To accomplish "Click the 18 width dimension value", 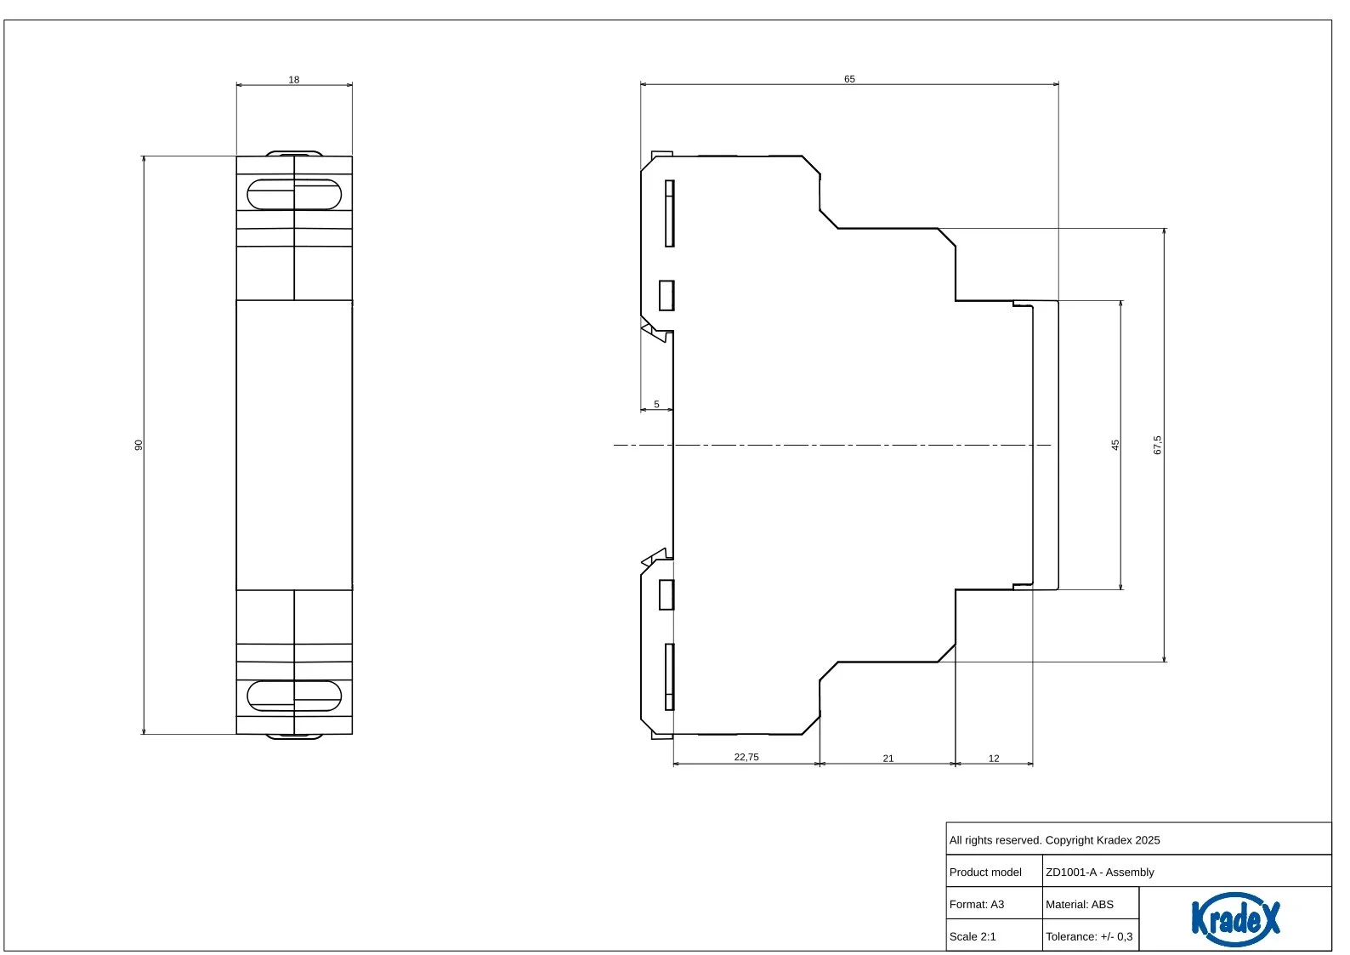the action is click(x=293, y=80).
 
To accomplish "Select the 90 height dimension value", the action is click(x=139, y=445).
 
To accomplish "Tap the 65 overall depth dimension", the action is click(x=849, y=79).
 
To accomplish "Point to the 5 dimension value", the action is click(x=656, y=404).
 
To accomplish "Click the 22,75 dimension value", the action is click(x=746, y=757).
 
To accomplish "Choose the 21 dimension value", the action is click(x=888, y=758).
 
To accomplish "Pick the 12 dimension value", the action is click(x=994, y=758).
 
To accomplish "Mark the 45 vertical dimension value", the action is click(x=1115, y=445).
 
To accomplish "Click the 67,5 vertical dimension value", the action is click(x=1157, y=445).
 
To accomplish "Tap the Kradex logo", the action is click(x=1235, y=918).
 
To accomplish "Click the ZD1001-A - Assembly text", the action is click(x=1100, y=872).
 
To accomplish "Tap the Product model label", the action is click(x=985, y=872).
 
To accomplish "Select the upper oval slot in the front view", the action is click(x=294, y=194).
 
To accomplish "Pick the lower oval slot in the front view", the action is click(x=294, y=696).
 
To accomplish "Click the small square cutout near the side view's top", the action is click(x=666, y=295).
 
